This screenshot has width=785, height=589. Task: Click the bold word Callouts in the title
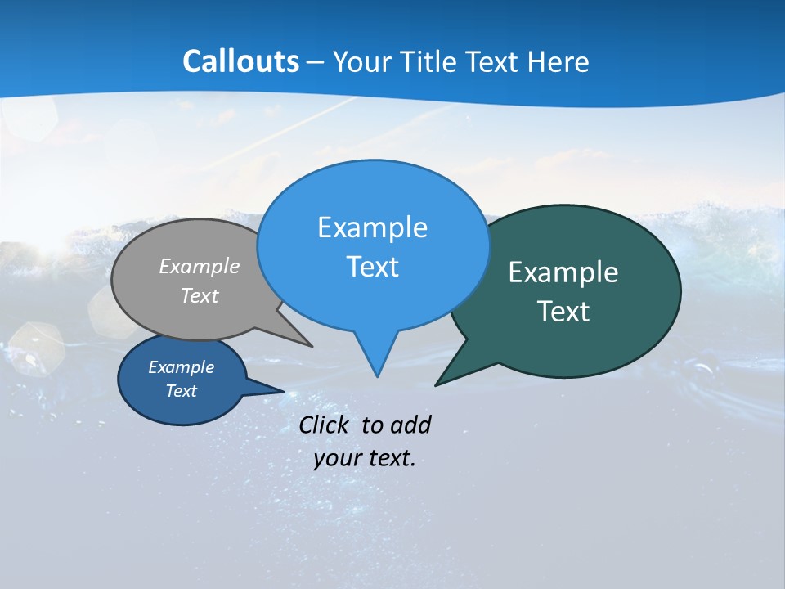[x=240, y=61]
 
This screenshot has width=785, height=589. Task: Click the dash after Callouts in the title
[x=316, y=63]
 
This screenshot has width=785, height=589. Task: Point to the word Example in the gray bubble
[x=200, y=267]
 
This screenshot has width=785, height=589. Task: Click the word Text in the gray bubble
[x=200, y=296]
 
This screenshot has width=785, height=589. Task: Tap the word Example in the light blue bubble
[x=372, y=227]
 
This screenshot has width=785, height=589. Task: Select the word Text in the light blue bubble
[x=372, y=267]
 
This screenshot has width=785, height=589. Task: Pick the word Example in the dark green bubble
[x=563, y=272]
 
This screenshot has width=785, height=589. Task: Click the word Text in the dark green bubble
[x=563, y=312]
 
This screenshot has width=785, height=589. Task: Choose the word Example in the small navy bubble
[x=181, y=367]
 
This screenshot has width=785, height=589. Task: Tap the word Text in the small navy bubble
[x=181, y=391]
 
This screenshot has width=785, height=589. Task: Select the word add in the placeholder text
[x=410, y=425]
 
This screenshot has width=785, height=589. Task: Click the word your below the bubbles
[x=337, y=459]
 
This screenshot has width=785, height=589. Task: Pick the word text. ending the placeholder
[x=391, y=459]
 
